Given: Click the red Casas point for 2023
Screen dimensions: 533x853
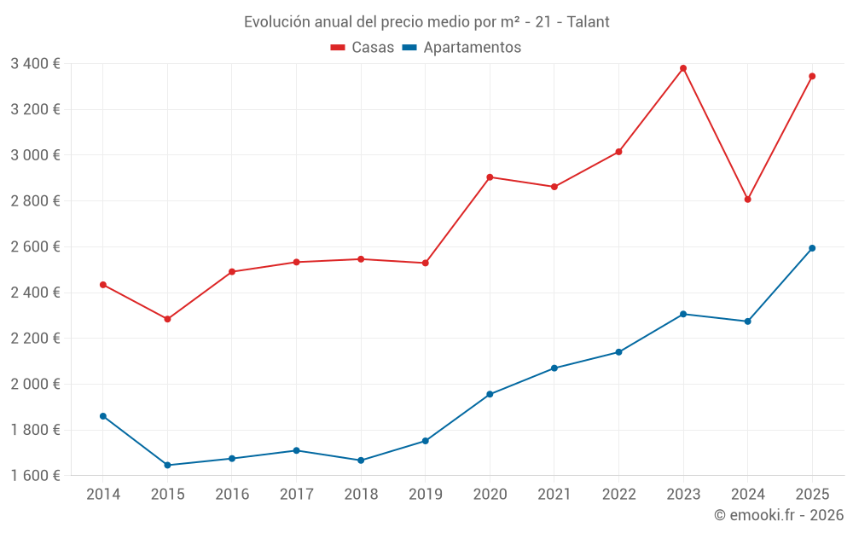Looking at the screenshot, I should pyautogui.click(x=683, y=68).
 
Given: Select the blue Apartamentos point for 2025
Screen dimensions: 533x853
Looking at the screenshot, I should pyautogui.click(x=812, y=248).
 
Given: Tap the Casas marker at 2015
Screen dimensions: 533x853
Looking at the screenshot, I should pyautogui.click(x=167, y=319).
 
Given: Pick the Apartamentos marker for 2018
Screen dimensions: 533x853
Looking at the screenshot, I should pyautogui.click(x=361, y=461).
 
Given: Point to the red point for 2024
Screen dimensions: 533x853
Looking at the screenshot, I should pyautogui.click(x=748, y=200).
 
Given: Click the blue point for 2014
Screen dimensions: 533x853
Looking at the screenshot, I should pyautogui.click(x=103, y=416).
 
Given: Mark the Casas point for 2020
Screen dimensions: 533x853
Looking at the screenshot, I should pyautogui.click(x=490, y=177).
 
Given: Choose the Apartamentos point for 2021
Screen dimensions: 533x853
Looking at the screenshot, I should pyautogui.click(x=554, y=368).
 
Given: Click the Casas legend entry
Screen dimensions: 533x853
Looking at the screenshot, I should pyautogui.click(x=363, y=48).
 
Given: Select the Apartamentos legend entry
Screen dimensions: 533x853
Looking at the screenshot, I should pyautogui.click(x=461, y=48).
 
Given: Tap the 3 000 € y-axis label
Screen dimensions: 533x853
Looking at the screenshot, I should pyautogui.click(x=35, y=155).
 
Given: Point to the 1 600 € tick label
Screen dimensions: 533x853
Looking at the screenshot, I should pyautogui.click(x=35, y=476).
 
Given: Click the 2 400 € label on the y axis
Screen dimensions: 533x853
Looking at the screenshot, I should pyautogui.click(x=35, y=293).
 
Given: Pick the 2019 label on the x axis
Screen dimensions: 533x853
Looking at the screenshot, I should pyautogui.click(x=425, y=495).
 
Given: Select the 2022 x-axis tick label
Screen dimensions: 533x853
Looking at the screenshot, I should pyautogui.click(x=618, y=495).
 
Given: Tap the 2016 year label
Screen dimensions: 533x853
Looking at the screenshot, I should pyautogui.click(x=232, y=495).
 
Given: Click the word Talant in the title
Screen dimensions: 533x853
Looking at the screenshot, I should pyautogui.click(x=589, y=22).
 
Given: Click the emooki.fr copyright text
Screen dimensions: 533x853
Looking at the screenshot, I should pyautogui.click(x=779, y=515).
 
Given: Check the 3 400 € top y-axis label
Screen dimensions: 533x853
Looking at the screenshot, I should pyautogui.click(x=35, y=63).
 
